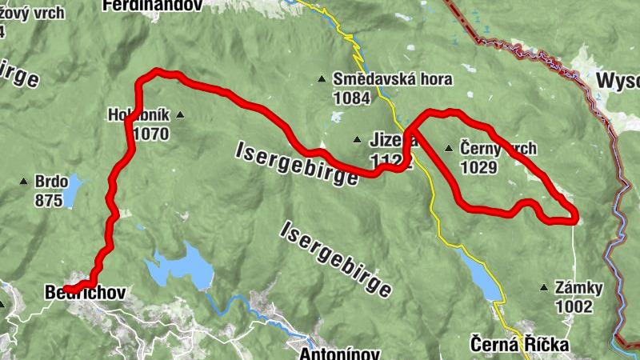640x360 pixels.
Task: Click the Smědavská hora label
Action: click(x=393, y=79)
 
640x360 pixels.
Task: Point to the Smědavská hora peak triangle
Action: click(x=322, y=78)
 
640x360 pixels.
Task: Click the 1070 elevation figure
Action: click(x=151, y=134)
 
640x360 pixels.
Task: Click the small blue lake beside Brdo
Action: click(x=71, y=190)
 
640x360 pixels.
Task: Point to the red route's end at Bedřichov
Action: click(x=66, y=289)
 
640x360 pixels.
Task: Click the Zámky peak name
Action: click(x=581, y=287)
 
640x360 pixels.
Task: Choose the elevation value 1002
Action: click(x=576, y=306)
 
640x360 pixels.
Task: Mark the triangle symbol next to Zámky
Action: click(x=545, y=287)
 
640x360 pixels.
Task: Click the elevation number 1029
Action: click(x=479, y=167)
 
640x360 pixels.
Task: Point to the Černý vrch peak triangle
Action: click(x=448, y=148)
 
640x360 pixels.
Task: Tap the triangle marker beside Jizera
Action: click(x=358, y=140)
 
